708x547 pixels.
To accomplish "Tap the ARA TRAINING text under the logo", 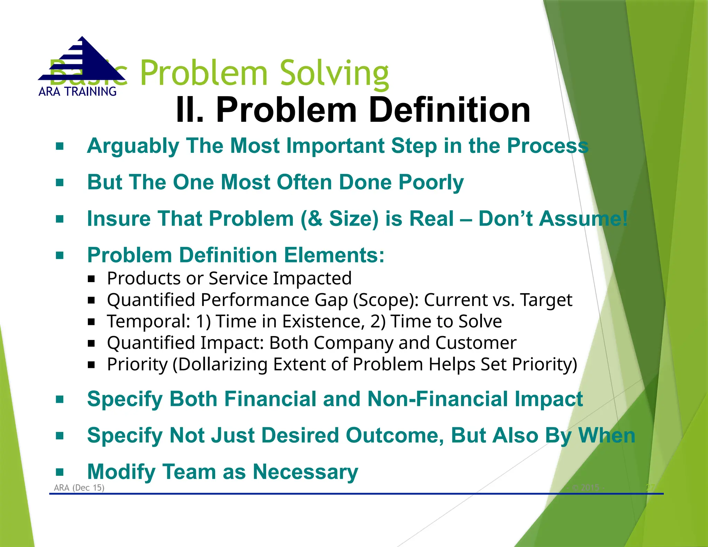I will pyautogui.click(x=77, y=92).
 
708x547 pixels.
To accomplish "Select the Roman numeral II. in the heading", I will pyautogui.click(x=190, y=110).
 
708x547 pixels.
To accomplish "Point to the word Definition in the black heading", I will pyautogui.click(x=449, y=110).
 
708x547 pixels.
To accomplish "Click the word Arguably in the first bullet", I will pyautogui.click(x=133, y=146).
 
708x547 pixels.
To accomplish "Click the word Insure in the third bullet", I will pyautogui.click(x=119, y=219).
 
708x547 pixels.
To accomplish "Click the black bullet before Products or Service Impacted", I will pyautogui.click(x=91, y=279).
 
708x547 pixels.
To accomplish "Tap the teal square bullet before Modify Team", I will pyautogui.click(x=60, y=472).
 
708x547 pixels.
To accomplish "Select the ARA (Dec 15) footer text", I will pyautogui.click(x=79, y=488).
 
